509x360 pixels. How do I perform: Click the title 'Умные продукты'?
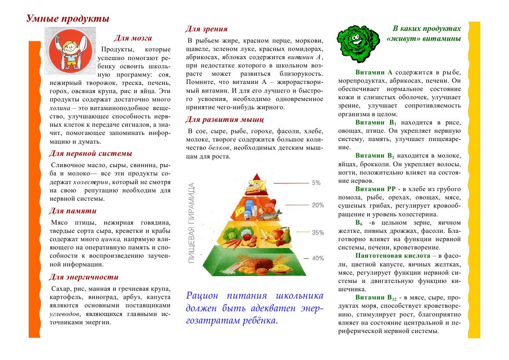(67, 19)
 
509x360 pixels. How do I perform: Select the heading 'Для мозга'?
(132, 38)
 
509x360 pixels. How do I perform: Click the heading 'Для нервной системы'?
(90, 153)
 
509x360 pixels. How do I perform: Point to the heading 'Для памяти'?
(72, 211)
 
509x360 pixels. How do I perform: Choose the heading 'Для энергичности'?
(83, 277)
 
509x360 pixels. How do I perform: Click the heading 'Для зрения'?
(206, 29)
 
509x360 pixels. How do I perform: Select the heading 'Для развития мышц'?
(224, 119)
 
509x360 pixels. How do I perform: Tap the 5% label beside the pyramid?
(316, 183)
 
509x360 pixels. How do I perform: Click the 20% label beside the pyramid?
(317, 205)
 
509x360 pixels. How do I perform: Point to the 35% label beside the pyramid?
(318, 232)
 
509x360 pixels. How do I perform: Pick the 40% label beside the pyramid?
(318, 258)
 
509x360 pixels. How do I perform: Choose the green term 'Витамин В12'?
(376, 298)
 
